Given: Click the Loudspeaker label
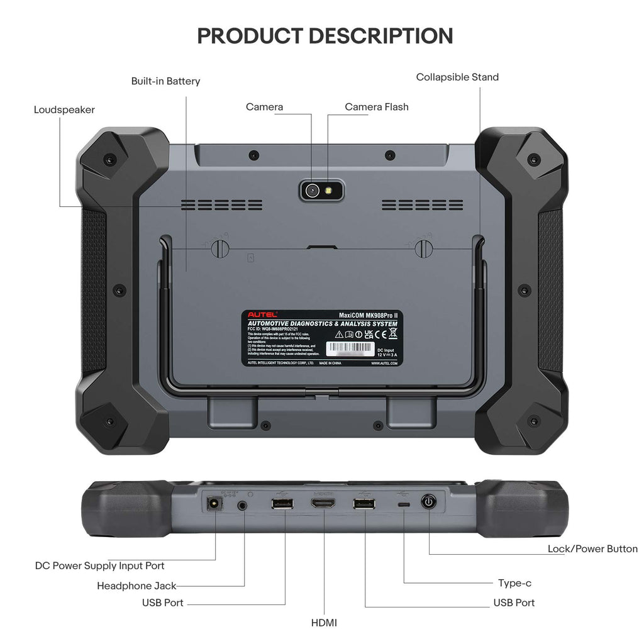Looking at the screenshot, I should click(64, 110).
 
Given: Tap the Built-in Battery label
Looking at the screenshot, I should click(165, 81).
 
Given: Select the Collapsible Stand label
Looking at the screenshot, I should click(457, 77).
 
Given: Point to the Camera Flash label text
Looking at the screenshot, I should click(376, 107).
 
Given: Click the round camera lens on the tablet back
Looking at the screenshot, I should click(312, 190).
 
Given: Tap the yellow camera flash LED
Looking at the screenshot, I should click(329, 190).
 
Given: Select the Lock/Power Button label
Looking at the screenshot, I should click(592, 549).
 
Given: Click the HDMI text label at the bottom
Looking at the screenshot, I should click(324, 623).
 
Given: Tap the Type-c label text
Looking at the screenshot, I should click(514, 583).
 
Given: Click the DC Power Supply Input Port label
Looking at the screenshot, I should click(100, 566).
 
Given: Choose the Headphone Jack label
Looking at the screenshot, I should click(136, 586).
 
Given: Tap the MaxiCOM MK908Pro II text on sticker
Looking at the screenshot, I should click(367, 314).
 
